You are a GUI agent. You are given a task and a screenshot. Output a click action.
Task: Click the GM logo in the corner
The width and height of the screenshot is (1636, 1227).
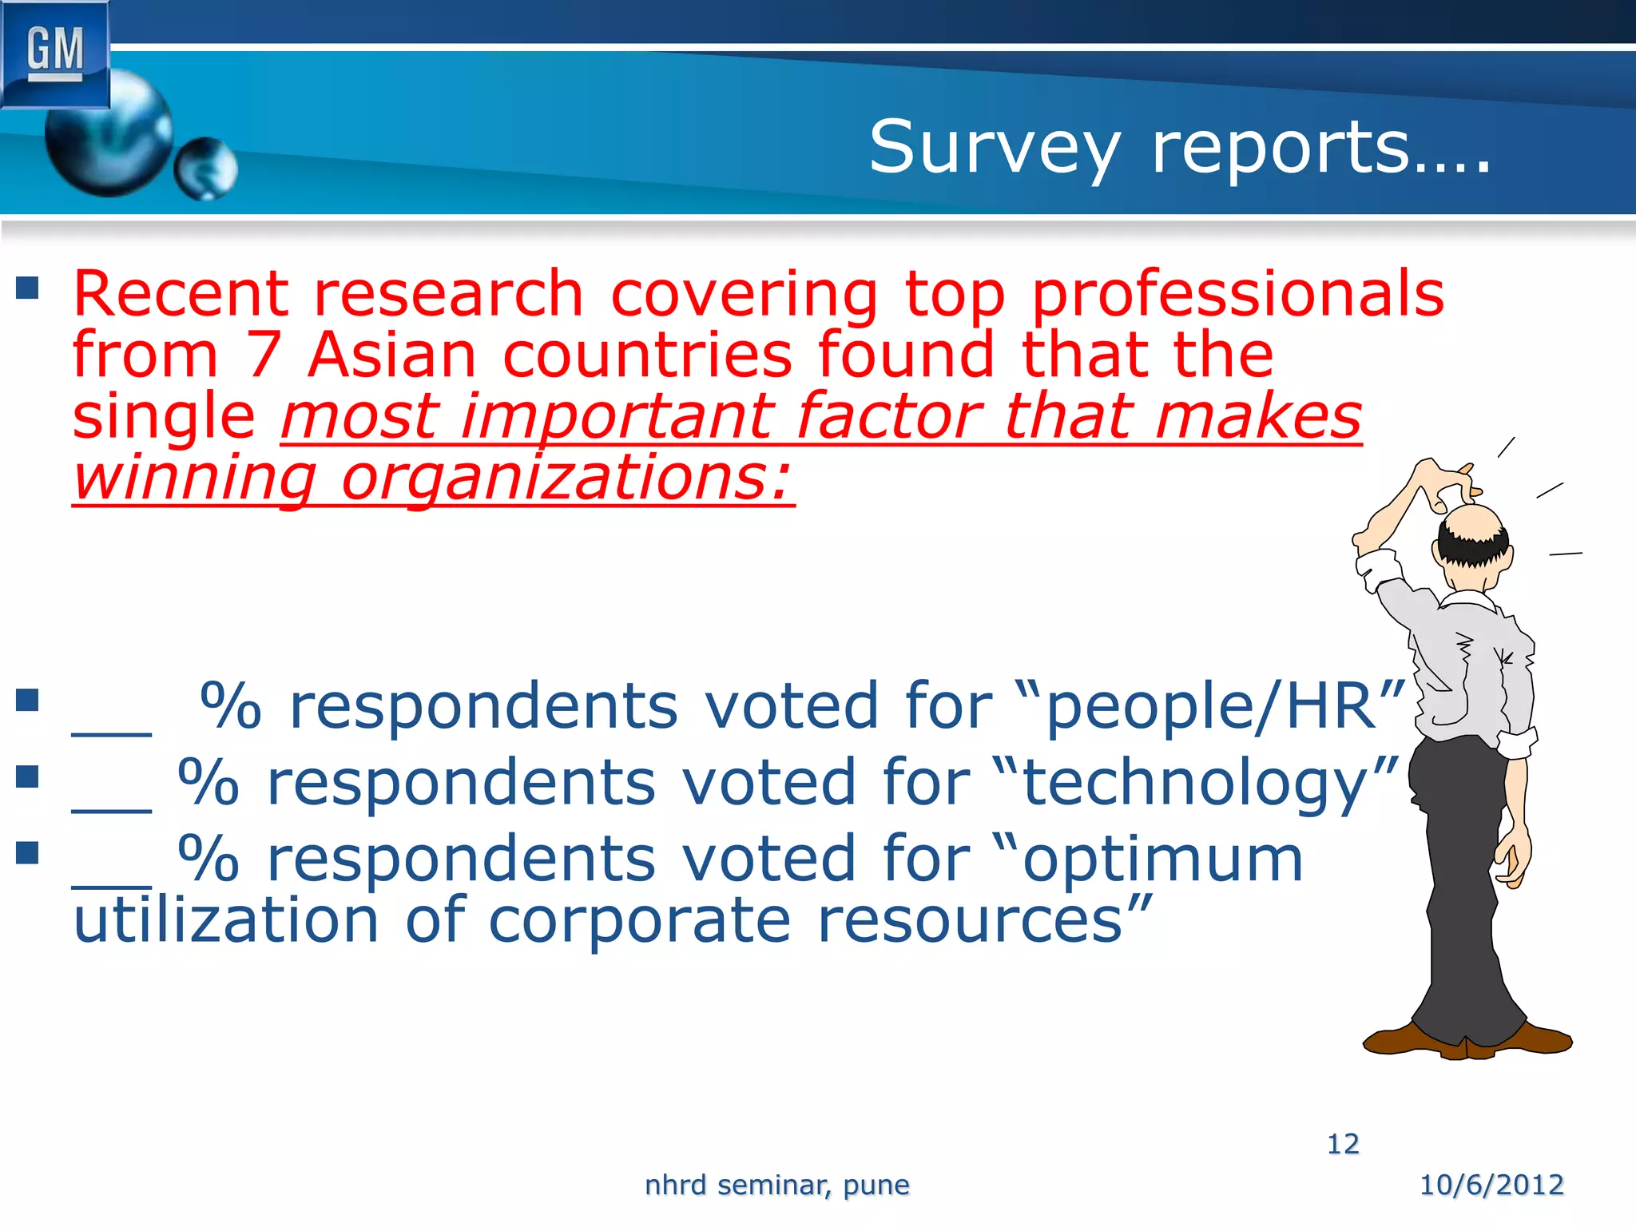coord(54,53)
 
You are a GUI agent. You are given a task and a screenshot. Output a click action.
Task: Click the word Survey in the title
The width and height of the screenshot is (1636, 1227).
coord(995,149)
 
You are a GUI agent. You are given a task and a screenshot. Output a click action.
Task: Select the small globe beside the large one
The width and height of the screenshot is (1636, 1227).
coord(205,168)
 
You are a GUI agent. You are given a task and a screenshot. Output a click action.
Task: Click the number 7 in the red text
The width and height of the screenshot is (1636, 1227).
coord(263,355)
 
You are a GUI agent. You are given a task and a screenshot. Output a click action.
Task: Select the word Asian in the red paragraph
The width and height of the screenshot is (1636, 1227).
coord(391,355)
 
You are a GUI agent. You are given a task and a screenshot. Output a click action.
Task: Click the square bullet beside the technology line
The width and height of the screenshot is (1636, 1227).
coord(27,776)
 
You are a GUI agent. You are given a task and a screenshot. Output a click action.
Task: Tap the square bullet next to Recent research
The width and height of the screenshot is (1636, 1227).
coord(27,288)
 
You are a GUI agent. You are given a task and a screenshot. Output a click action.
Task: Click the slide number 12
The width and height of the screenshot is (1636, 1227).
coord(1343,1144)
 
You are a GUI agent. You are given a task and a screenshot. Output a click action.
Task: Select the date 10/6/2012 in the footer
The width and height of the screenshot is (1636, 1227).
coord(1491,1185)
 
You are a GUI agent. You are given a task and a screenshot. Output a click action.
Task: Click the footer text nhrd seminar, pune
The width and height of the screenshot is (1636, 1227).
coord(776,1185)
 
